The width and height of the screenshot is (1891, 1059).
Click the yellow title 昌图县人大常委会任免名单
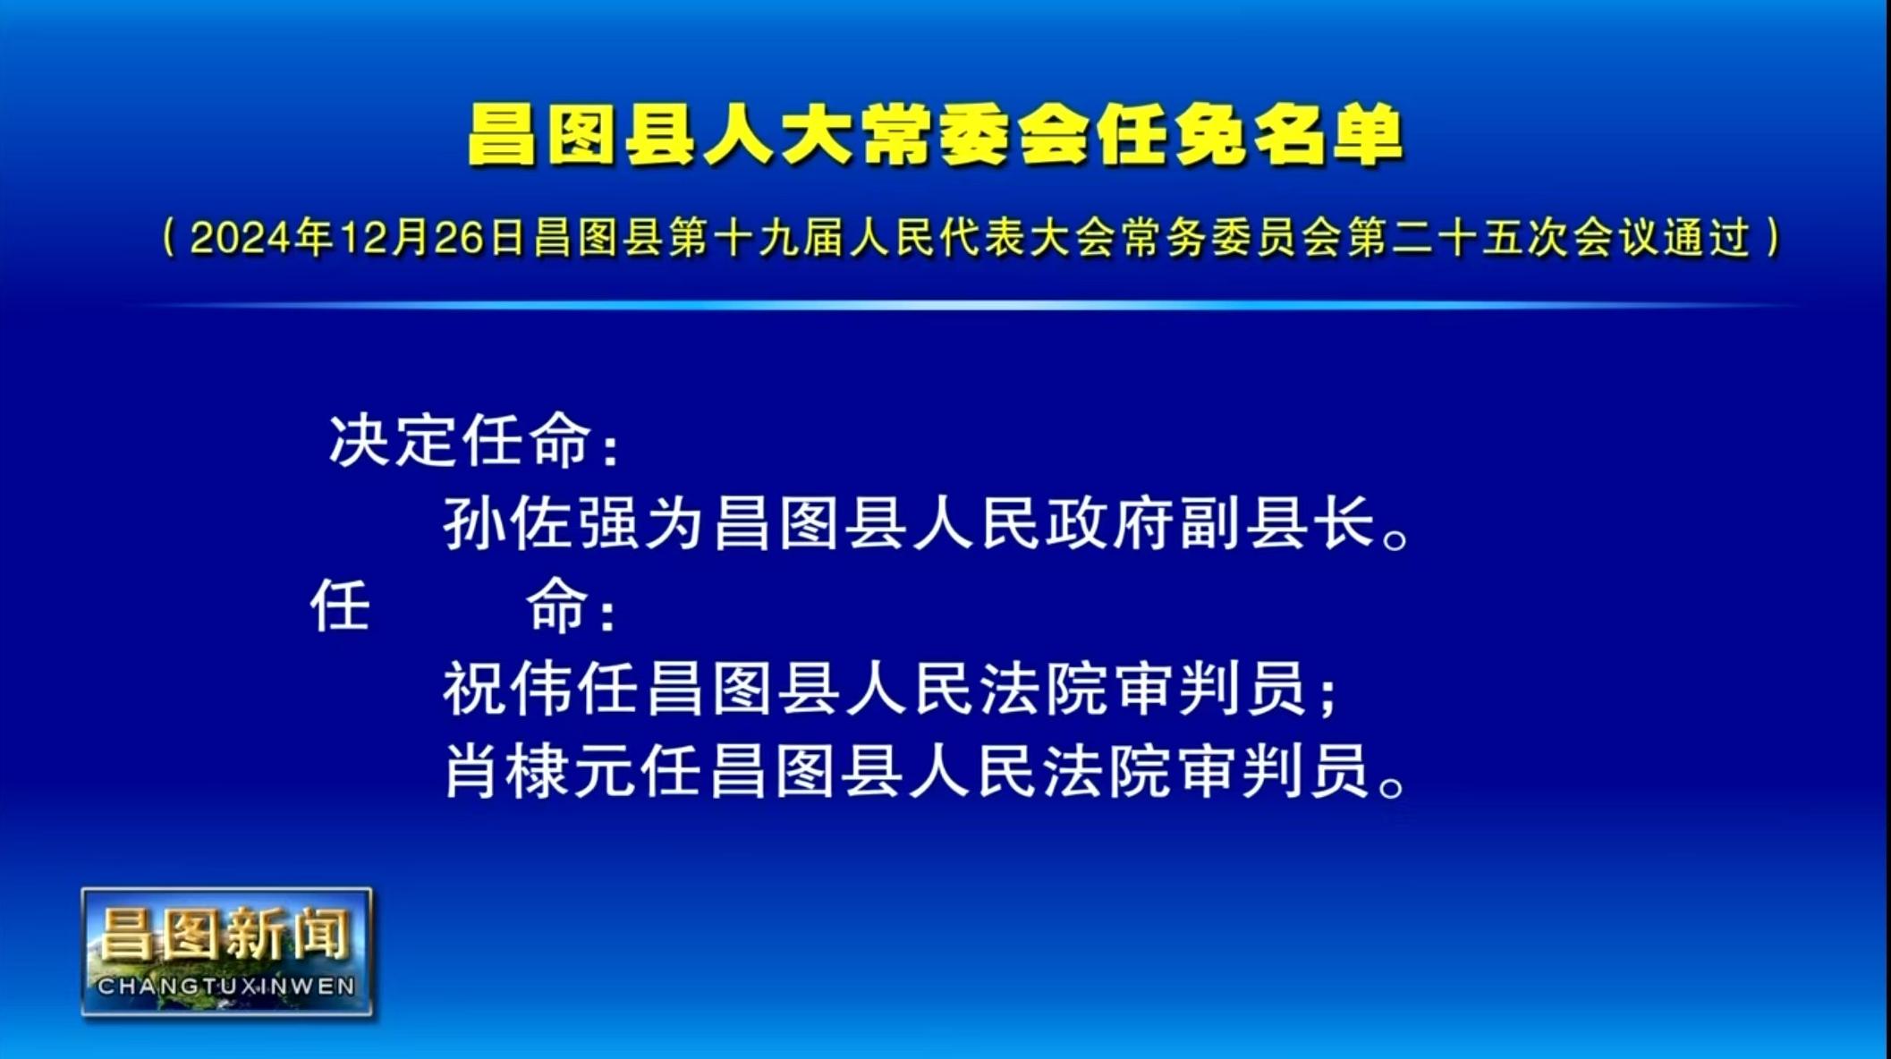(x=936, y=136)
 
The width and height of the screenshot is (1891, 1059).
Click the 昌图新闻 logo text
(x=225, y=935)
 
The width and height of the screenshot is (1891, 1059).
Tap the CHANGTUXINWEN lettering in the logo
(x=226, y=987)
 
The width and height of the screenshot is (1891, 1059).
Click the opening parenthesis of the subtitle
(x=169, y=238)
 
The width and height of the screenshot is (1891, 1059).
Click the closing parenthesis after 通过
(x=1774, y=238)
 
